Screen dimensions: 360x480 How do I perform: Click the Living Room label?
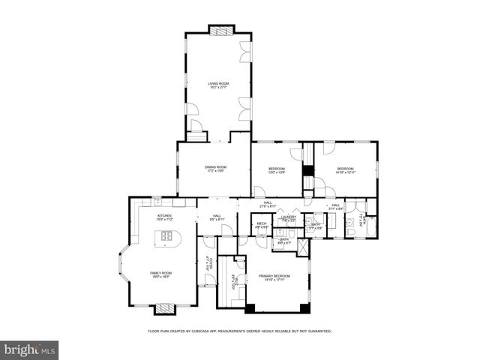click(x=218, y=85)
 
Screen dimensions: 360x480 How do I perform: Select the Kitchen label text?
click(x=164, y=217)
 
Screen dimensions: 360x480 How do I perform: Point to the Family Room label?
click(x=160, y=274)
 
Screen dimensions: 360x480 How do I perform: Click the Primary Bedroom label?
click(x=274, y=278)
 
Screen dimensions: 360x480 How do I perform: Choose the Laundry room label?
click(x=289, y=218)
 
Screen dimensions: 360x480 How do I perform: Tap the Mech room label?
click(x=261, y=225)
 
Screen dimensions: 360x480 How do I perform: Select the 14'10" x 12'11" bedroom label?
click(x=345, y=170)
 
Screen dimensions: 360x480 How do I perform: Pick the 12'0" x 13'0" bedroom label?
click(x=277, y=170)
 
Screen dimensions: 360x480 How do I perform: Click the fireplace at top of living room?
click(x=221, y=31)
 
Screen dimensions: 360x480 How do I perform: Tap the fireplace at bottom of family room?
click(x=165, y=307)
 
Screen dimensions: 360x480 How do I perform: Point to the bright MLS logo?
click(x=29, y=350)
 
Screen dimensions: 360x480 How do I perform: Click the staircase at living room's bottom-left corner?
click(x=196, y=136)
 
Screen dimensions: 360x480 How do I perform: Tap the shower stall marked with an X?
click(x=302, y=247)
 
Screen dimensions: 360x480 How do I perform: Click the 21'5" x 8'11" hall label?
click(x=268, y=205)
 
